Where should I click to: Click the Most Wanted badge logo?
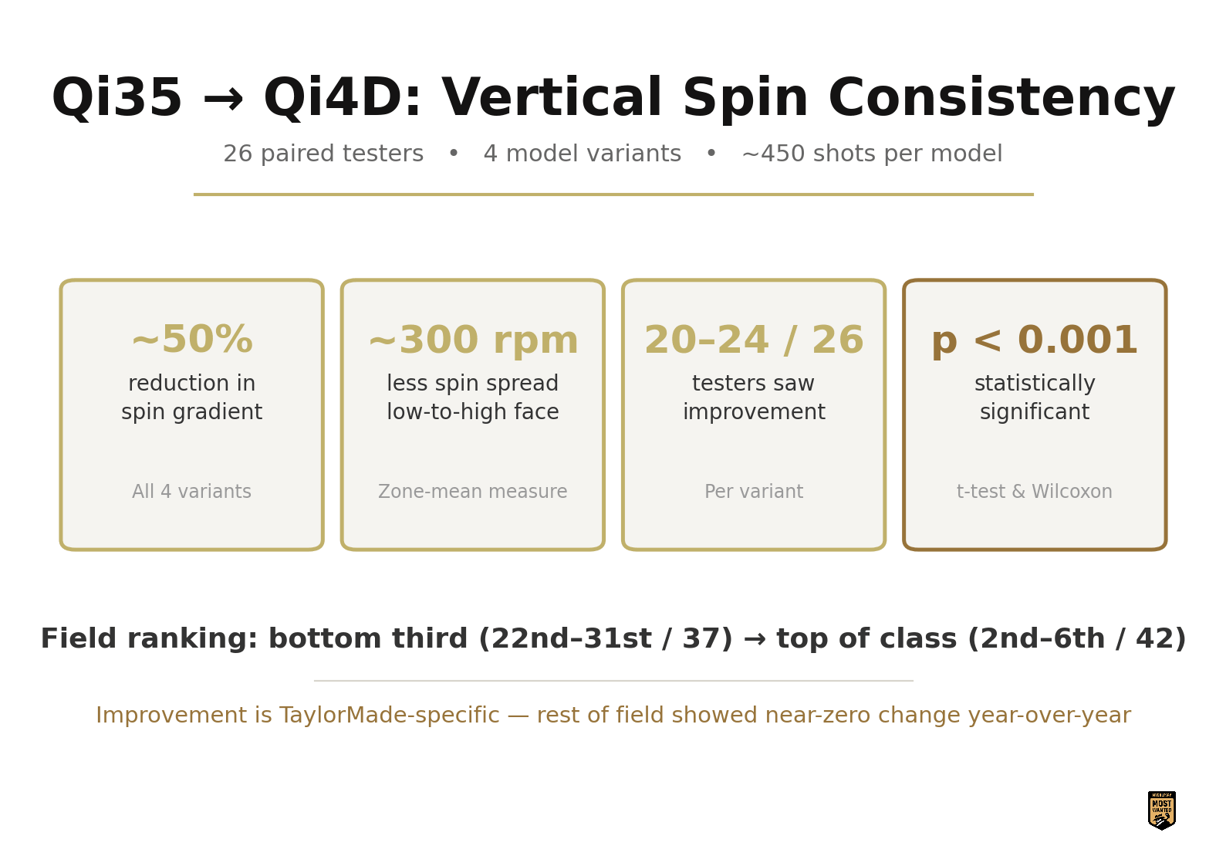(1161, 811)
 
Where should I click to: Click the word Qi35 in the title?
(117, 97)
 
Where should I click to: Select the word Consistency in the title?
(1001, 99)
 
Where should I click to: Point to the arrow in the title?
(223, 100)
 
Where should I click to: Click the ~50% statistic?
(192, 340)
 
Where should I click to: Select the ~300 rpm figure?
(474, 340)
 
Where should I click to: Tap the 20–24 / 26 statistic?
(755, 340)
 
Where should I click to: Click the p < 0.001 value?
(1035, 340)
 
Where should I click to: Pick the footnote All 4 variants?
(192, 491)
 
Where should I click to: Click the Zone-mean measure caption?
(473, 491)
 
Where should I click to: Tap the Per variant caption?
(755, 491)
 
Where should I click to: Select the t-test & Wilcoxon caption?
(1035, 491)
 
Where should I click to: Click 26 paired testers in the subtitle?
(323, 154)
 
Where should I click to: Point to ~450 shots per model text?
(873, 154)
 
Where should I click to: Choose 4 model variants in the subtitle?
(583, 154)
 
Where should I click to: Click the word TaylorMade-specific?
(390, 715)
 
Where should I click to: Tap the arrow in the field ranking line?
(755, 639)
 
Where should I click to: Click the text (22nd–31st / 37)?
(606, 638)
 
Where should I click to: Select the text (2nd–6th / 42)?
(1076, 638)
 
